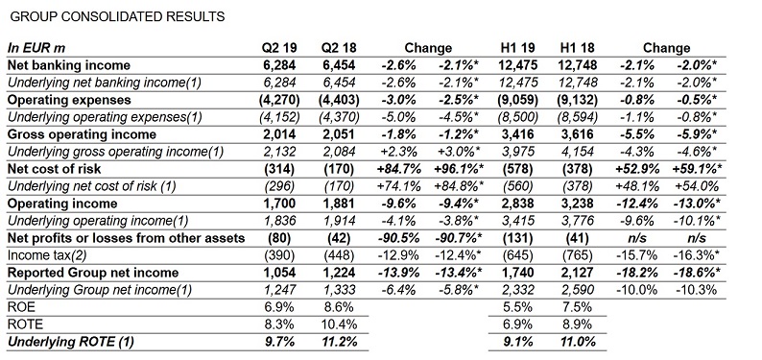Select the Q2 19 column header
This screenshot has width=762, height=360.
pyautogui.click(x=281, y=48)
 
